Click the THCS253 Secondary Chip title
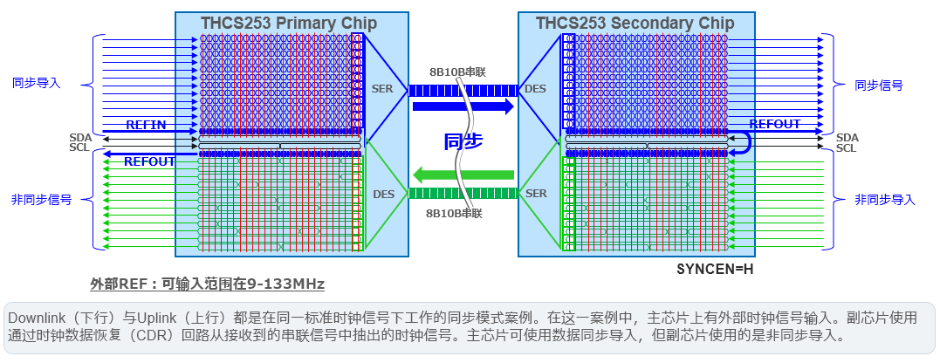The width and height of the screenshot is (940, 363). coord(635,23)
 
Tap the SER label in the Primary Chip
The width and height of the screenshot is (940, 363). coord(382,89)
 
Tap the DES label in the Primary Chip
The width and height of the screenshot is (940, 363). coord(384,194)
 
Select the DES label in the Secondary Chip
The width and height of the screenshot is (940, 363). coord(534,89)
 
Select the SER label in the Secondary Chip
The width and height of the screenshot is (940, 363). coord(534,194)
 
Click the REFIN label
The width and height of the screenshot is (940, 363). coord(146,125)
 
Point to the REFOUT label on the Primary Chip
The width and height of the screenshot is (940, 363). coord(149,161)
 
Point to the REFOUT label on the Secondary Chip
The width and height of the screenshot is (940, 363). coord(775,125)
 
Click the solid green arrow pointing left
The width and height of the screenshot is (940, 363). coord(463,175)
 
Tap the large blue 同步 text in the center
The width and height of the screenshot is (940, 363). coord(463,141)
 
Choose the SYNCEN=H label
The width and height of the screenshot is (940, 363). coord(715,269)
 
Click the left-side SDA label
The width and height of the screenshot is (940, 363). coord(80,138)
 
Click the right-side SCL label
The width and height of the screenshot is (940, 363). coord(847,148)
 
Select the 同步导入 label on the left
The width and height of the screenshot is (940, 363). coord(37,83)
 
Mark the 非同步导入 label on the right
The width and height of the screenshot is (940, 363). coord(885,200)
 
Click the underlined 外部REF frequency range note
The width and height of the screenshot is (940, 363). coord(208,284)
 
